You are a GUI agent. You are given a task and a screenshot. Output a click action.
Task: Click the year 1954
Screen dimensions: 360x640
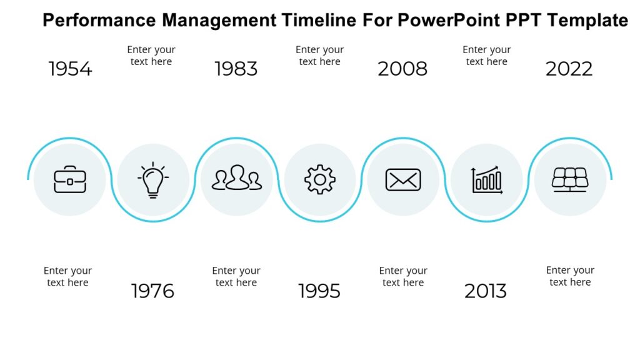[x=70, y=69]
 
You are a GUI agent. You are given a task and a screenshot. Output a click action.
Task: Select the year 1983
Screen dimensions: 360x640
[x=236, y=69]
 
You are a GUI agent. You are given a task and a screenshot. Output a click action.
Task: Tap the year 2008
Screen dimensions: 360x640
[x=402, y=69]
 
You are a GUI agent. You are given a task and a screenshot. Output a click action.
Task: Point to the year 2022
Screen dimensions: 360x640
[x=569, y=69]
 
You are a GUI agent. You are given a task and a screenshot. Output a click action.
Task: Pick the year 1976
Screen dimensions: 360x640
[x=152, y=291]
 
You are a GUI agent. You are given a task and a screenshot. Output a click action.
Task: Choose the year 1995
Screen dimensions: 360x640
[x=319, y=291]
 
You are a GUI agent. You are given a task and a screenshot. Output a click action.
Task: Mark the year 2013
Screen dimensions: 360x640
[x=486, y=291]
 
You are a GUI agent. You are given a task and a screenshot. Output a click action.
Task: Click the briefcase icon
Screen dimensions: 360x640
[x=70, y=180]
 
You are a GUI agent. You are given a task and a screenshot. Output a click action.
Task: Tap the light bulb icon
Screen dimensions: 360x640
[x=153, y=180]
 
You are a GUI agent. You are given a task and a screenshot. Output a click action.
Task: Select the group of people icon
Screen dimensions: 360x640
[x=237, y=179]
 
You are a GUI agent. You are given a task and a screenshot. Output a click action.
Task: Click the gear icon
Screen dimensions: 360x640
[x=320, y=180]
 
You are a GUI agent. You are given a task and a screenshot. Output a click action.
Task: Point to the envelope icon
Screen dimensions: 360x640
[x=403, y=180]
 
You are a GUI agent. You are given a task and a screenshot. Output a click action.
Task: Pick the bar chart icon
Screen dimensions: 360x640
[x=487, y=180]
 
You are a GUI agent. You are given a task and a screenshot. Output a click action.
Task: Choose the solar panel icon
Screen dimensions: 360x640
[x=569, y=179]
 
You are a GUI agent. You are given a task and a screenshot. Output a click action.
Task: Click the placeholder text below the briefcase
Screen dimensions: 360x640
[x=67, y=276]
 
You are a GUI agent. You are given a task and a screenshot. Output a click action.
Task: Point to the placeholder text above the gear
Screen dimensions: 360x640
[x=319, y=56]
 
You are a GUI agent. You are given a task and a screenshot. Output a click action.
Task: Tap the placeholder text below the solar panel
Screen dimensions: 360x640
[x=570, y=276]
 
